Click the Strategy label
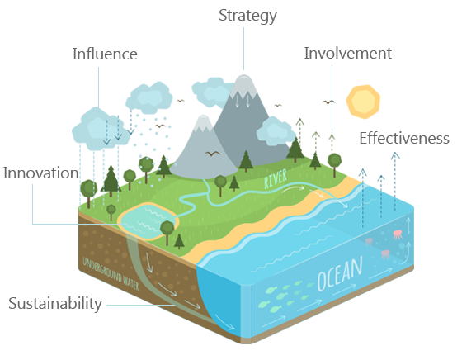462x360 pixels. point(247,16)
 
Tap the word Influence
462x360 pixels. point(105,54)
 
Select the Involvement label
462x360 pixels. point(347,54)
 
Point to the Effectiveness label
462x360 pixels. point(404,138)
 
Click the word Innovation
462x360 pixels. point(41,173)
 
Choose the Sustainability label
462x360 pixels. point(55,304)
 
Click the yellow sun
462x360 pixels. point(363,102)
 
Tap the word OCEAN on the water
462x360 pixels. point(340,273)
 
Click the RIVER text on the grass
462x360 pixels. point(276,178)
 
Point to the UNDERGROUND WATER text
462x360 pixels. point(111,273)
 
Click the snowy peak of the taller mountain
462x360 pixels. point(244,86)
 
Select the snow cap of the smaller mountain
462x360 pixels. point(203,123)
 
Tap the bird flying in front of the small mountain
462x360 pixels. point(212,154)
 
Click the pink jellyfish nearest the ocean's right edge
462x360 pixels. point(398,234)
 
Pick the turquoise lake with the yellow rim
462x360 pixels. point(148,221)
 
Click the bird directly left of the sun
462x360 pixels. point(329,102)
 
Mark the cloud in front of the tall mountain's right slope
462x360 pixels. point(276,131)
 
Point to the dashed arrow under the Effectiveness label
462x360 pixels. point(395,181)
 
